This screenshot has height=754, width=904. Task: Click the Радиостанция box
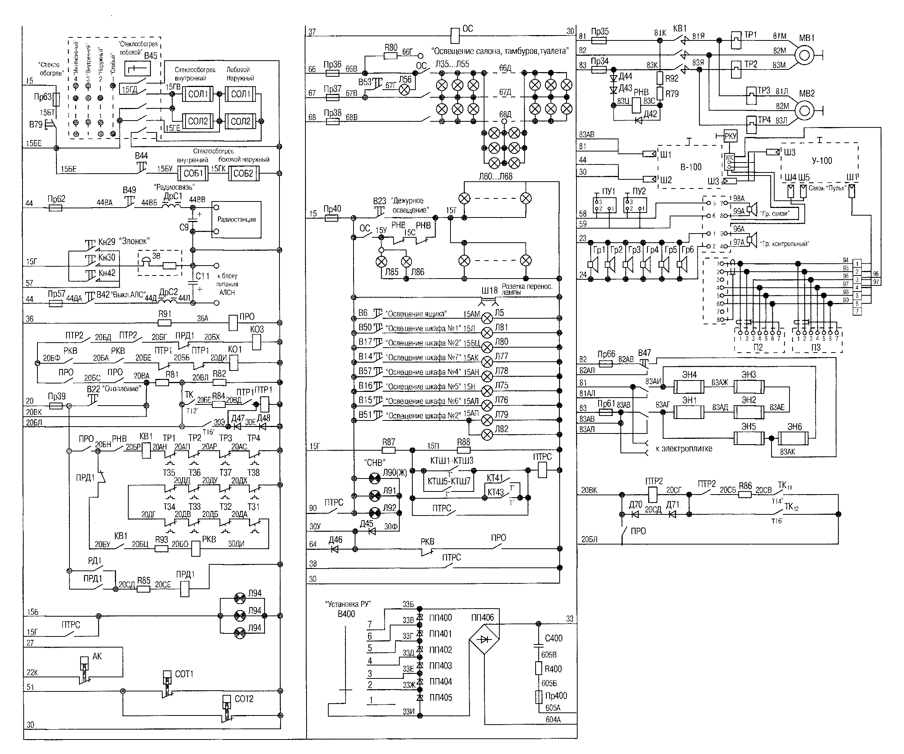(x=236, y=219)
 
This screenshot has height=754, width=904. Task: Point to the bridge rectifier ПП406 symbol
(x=485, y=640)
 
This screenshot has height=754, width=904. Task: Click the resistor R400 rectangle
(x=539, y=669)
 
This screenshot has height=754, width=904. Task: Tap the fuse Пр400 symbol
(x=539, y=697)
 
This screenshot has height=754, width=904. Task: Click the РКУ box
(x=731, y=137)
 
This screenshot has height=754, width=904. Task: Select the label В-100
(x=691, y=167)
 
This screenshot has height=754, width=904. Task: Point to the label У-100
(x=822, y=161)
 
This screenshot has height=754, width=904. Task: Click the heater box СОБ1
(x=193, y=174)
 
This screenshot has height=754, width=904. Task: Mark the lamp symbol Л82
(x=487, y=435)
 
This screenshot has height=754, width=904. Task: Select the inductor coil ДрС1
(x=172, y=205)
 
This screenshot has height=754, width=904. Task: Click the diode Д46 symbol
(x=334, y=549)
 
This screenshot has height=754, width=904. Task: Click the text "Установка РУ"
(x=348, y=604)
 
